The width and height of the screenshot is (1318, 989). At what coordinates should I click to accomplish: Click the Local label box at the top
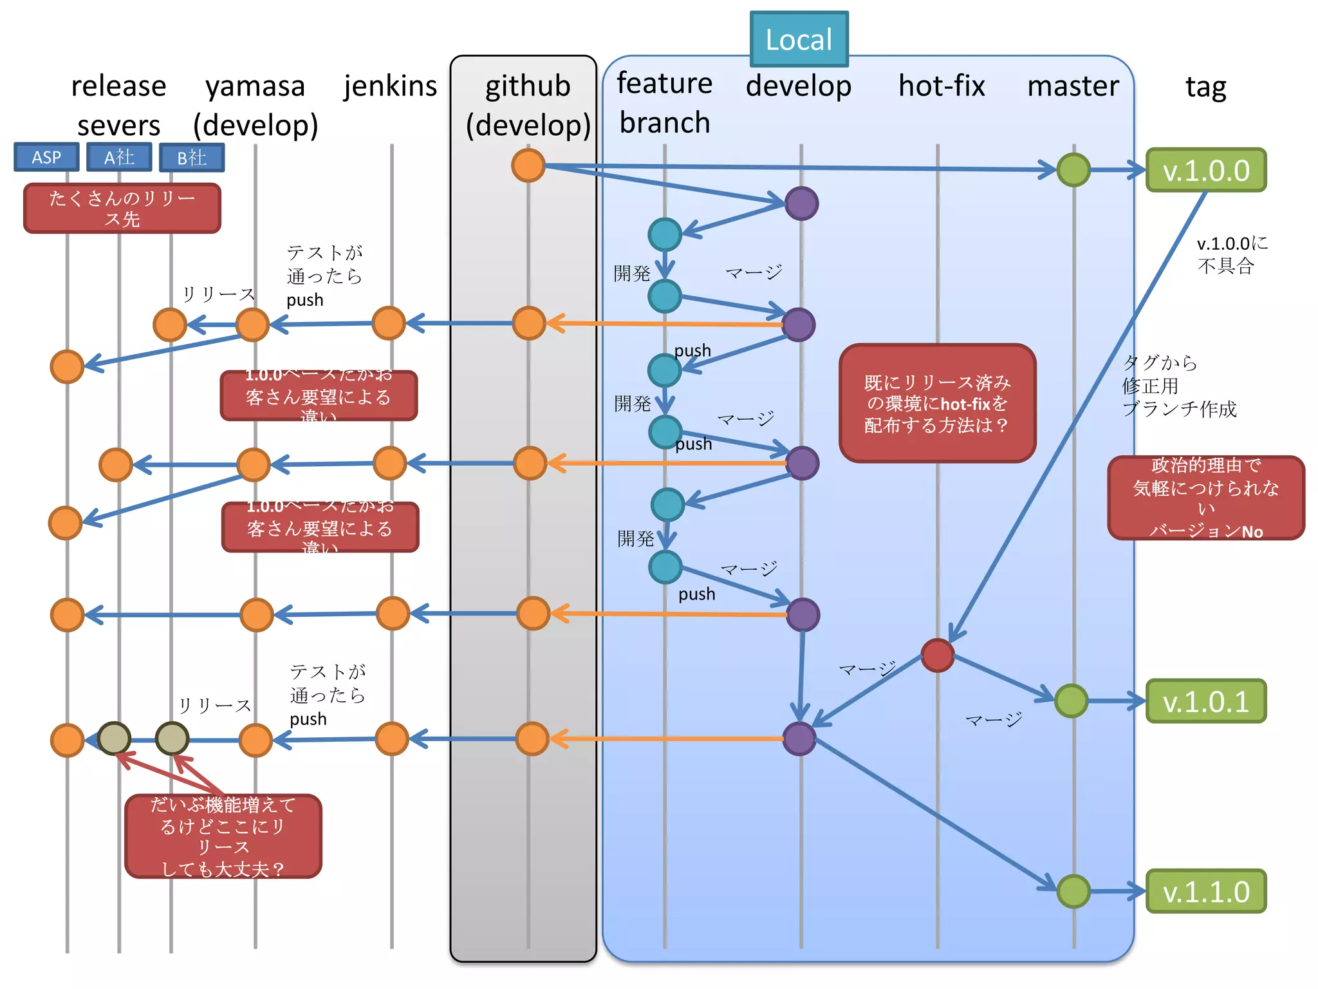click(799, 39)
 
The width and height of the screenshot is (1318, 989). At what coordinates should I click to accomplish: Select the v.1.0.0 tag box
click(1205, 170)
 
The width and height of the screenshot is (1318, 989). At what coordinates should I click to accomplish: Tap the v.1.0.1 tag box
click(1205, 701)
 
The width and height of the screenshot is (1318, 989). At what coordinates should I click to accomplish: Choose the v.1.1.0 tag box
click(1205, 892)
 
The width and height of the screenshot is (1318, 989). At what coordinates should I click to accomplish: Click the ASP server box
click(46, 157)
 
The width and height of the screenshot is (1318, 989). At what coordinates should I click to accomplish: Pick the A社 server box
click(119, 157)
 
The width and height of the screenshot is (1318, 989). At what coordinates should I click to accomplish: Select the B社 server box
click(192, 158)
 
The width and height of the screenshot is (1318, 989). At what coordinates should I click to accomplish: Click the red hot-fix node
click(937, 655)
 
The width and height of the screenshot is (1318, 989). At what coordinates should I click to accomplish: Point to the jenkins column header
click(390, 86)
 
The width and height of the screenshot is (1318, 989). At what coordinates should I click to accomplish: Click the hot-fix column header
click(941, 86)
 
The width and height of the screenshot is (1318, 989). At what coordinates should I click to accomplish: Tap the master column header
click(1073, 86)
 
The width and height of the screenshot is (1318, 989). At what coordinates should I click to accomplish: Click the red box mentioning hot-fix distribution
click(937, 404)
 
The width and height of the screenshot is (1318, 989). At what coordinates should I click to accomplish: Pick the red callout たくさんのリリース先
click(122, 208)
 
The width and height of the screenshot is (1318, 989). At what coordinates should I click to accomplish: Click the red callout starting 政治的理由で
click(1205, 498)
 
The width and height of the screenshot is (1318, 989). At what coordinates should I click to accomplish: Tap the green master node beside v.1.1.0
click(1073, 892)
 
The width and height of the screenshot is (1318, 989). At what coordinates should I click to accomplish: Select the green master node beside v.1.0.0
click(1073, 170)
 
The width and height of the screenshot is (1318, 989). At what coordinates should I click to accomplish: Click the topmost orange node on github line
click(528, 165)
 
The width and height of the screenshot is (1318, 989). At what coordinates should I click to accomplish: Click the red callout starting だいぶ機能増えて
click(223, 836)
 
